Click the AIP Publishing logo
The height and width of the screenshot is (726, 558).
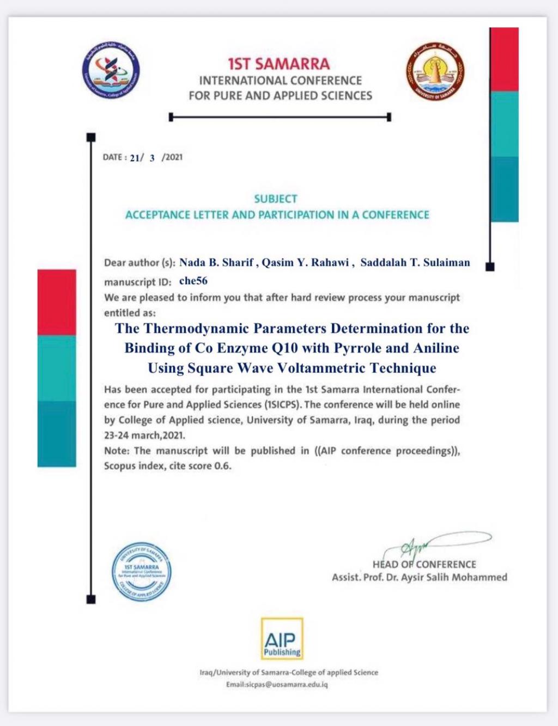coord(282,639)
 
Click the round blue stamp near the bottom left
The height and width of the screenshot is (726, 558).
coord(141,572)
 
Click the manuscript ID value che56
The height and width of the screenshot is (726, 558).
coord(193,281)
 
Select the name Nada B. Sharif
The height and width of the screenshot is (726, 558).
coord(216,263)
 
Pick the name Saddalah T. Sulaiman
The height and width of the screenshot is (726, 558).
coord(415,263)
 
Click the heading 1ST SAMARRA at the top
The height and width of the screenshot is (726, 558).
coord(278,64)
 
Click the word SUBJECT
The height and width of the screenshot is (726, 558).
coord(276,199)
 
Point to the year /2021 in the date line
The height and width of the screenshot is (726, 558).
coord(172,157)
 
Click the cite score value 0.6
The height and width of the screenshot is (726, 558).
coord(222,466)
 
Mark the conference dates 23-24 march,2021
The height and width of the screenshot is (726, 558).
coord(145,436)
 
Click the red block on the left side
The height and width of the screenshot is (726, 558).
coord(57,302)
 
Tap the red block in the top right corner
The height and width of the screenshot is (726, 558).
coord(504,59)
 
